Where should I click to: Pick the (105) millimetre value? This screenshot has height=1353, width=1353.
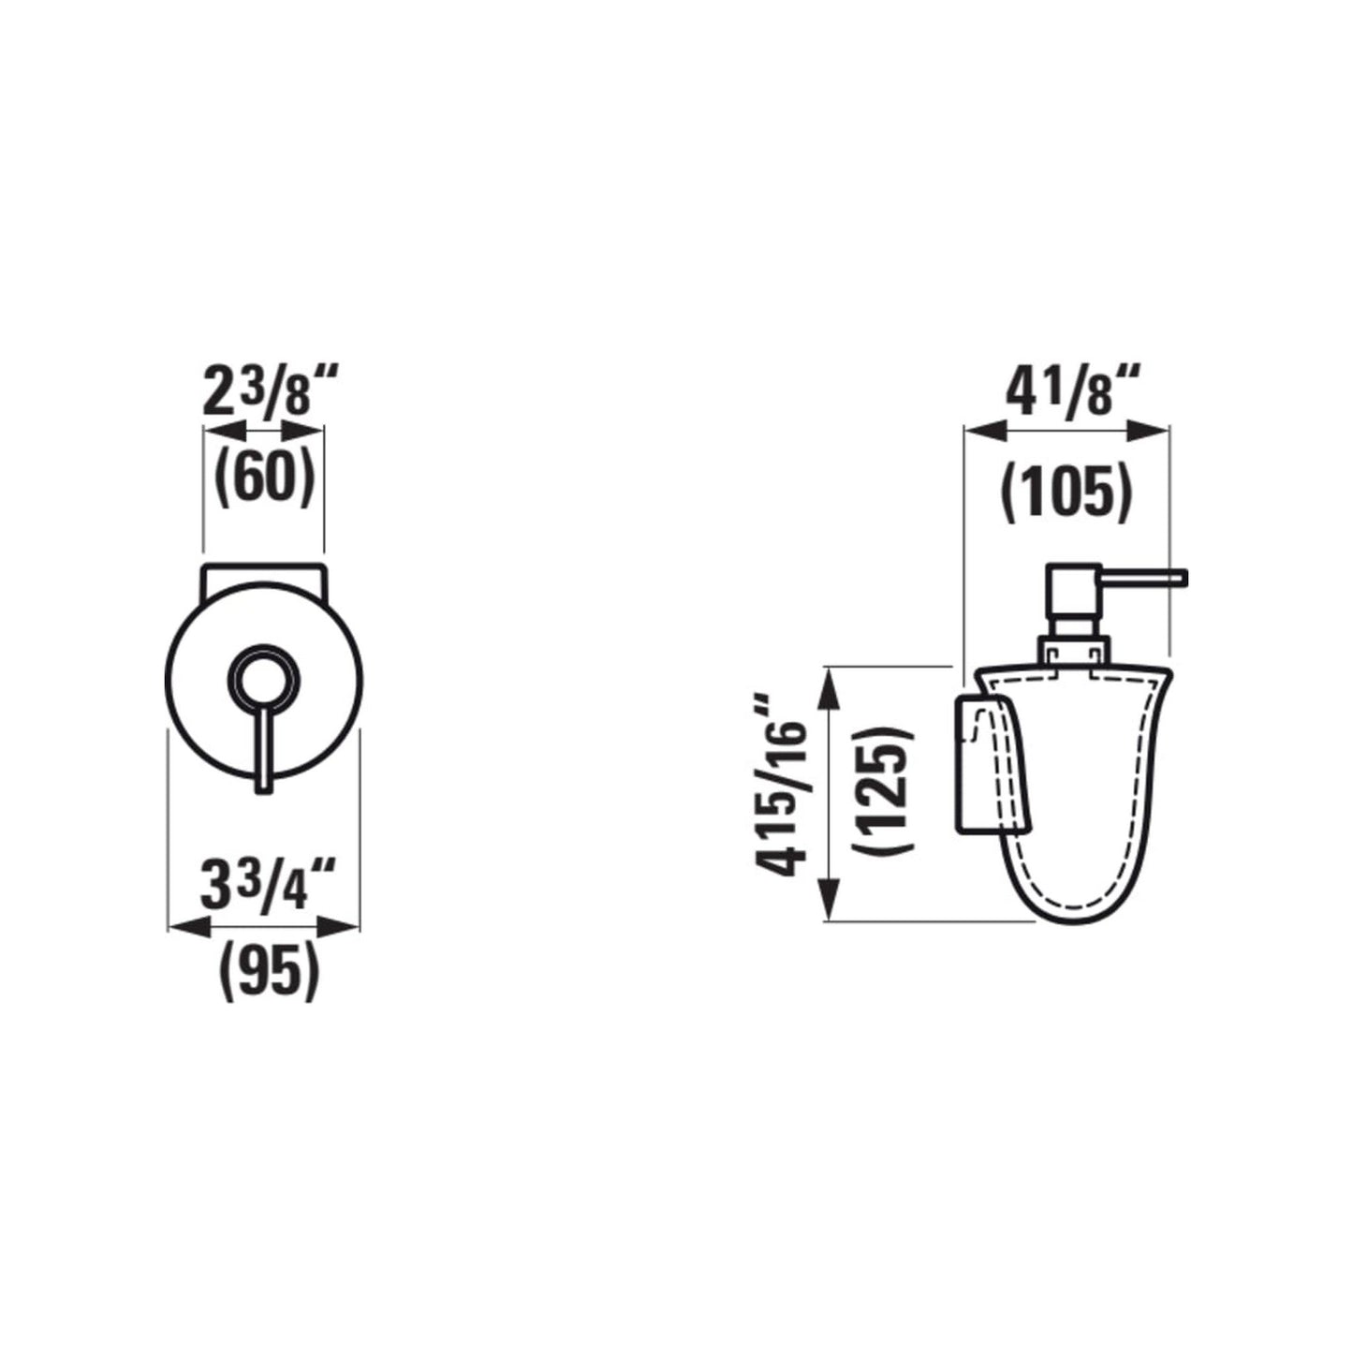point(1066,492)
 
